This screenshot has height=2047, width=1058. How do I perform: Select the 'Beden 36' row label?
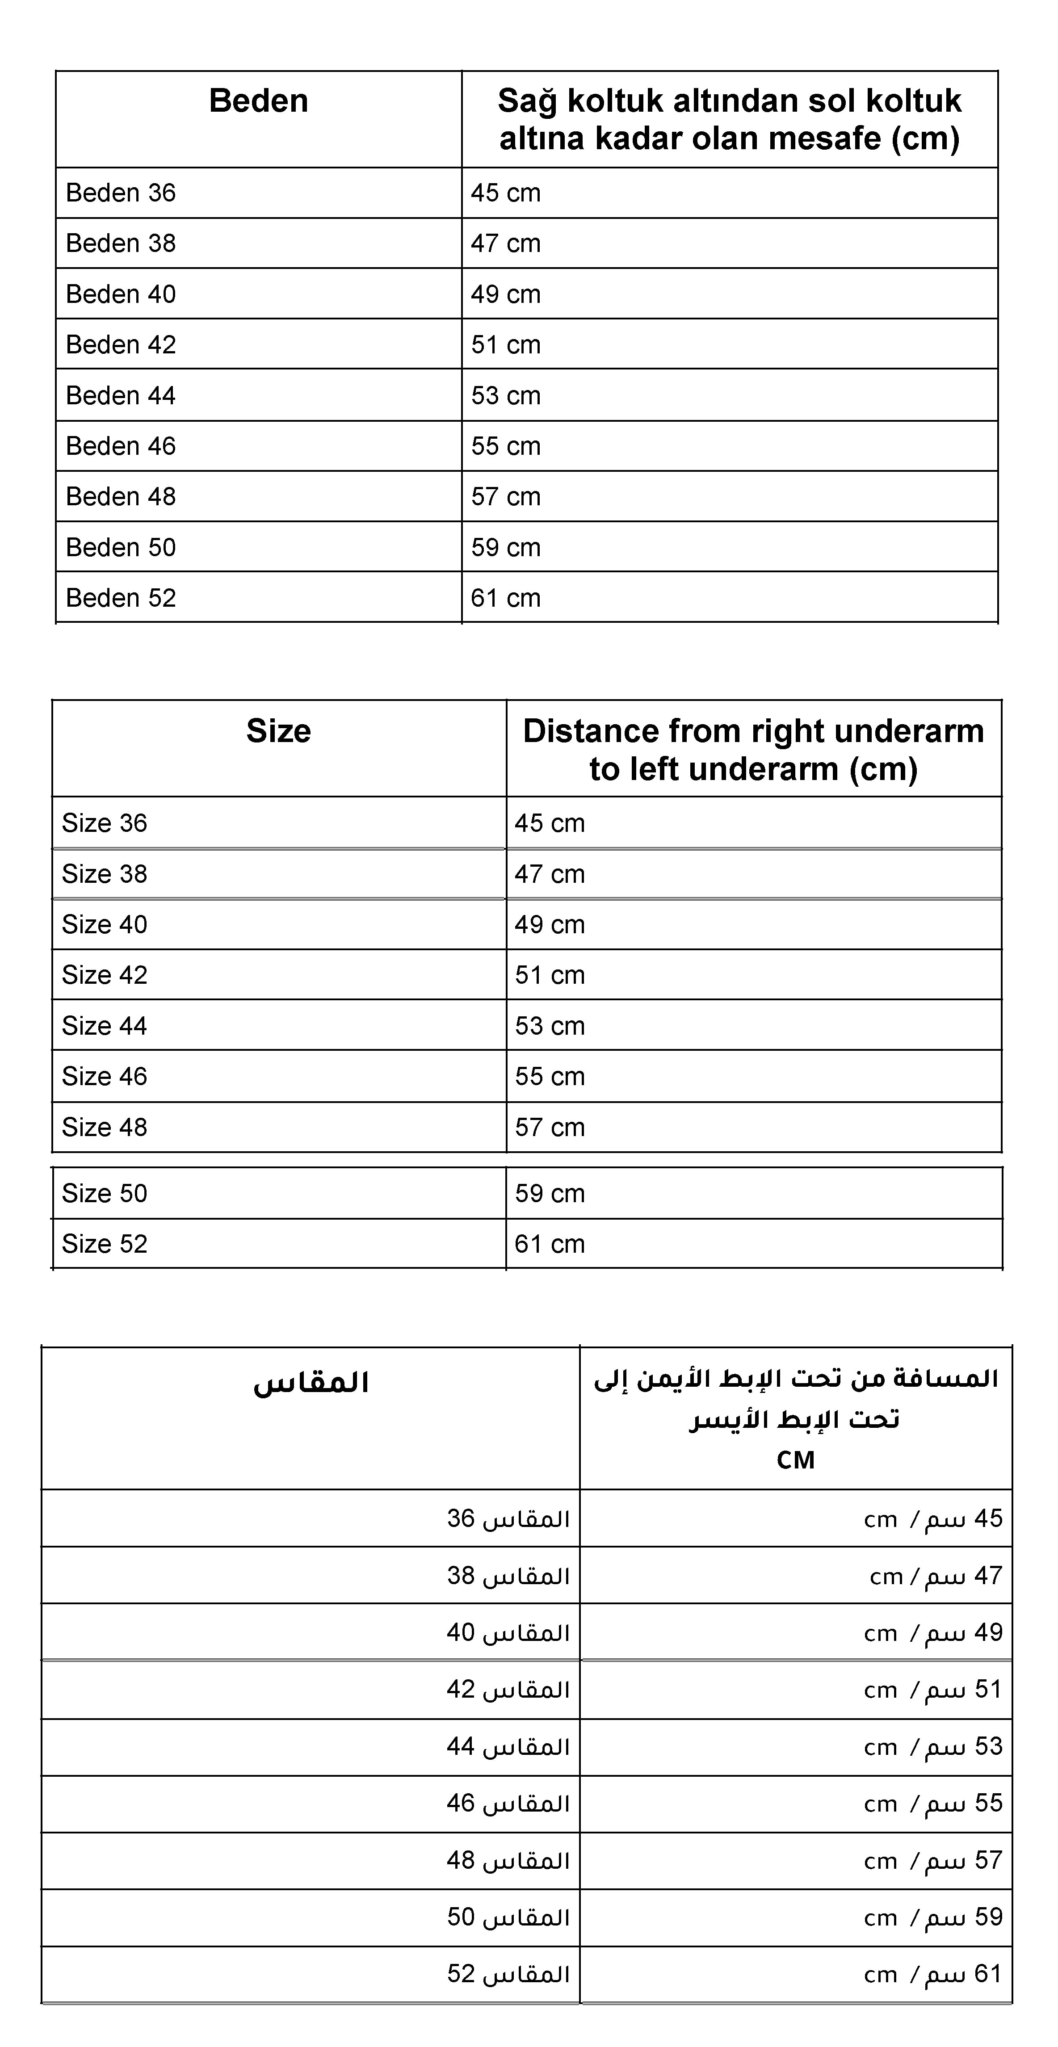coord(121,193)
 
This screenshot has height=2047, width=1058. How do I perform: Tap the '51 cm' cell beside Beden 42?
coord(506,345)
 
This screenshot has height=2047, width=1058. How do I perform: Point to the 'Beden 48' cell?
coord(121,497)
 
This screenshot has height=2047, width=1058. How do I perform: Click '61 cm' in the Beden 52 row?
coord(506,598)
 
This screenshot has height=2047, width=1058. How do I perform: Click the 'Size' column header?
coord(278,731)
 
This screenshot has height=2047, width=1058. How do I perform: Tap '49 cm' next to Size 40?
coord(549,925)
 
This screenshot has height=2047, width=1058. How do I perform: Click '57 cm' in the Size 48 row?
coord(549,1128)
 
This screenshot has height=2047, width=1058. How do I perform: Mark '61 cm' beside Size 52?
coord(549,1244)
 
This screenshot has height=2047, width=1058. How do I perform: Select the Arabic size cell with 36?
coord(508,1518)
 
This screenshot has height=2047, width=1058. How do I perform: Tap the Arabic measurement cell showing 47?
coord(936,1576)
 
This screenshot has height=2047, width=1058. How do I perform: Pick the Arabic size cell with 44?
coord(508,1747)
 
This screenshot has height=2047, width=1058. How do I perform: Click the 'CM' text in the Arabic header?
coord(796,1460)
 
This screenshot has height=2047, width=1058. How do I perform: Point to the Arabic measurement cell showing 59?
coord(933,1917)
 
